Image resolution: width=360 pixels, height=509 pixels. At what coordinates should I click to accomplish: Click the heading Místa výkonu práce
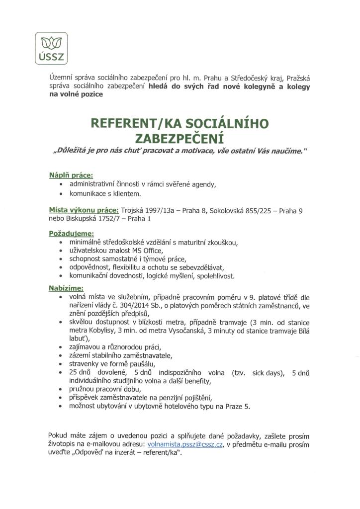click(x=83, y=210)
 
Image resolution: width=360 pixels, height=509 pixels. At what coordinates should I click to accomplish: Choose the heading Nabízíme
click(x=66, y=288)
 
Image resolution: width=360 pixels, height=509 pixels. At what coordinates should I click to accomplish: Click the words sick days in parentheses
click(x=266, y=372)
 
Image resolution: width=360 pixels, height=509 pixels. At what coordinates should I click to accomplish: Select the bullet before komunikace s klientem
click(x=61, y=193)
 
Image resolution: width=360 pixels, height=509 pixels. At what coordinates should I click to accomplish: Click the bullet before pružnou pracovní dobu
click(x=61, y=389)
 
